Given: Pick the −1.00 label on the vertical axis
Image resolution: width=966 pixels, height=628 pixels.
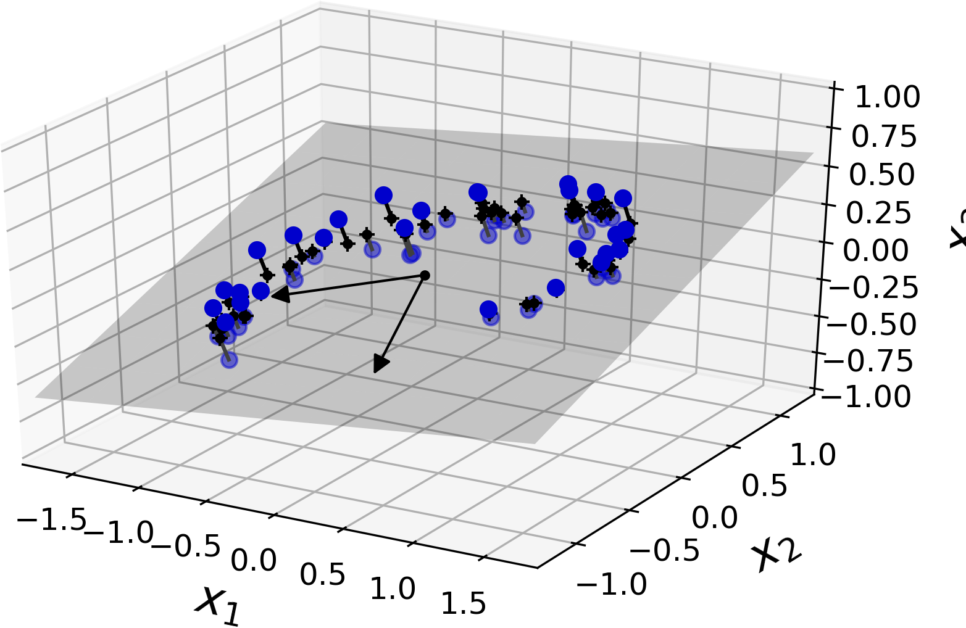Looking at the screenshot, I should click(x=870, y=397).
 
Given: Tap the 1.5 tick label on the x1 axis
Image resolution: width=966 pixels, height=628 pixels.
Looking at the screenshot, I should click(x=464, y=604).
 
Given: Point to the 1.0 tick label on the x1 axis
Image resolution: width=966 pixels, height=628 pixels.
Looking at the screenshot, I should click(x=393, y=589).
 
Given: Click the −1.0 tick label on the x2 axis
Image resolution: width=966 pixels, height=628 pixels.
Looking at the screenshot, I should click(x=612, y=583).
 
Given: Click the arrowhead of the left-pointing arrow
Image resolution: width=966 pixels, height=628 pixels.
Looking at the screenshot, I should click(x=280, y=296).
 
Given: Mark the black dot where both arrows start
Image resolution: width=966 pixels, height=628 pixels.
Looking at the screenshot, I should click(x=425, y=275).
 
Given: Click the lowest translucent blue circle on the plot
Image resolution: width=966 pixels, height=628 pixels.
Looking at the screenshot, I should click(x=230, y=360).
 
